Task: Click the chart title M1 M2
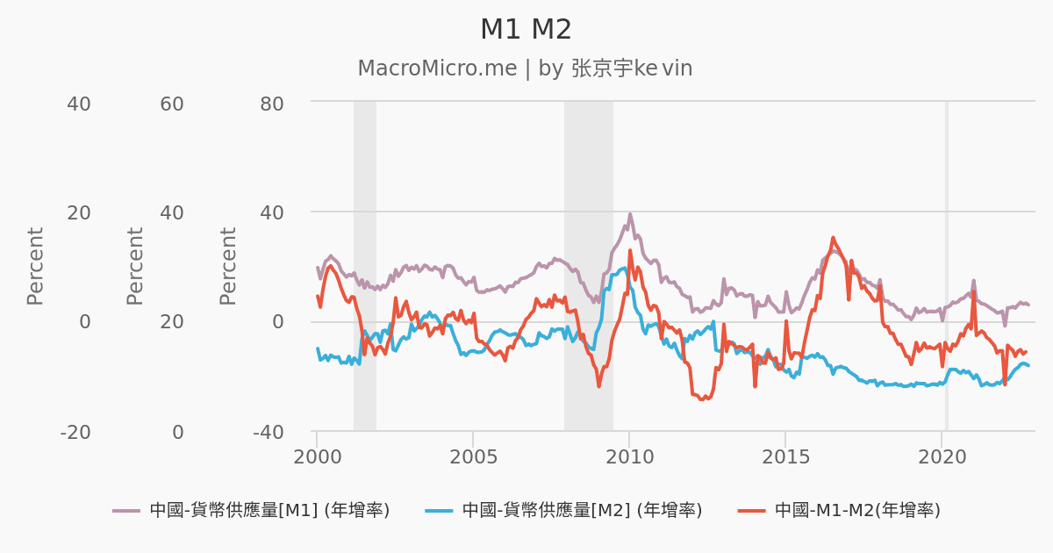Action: coord(526,30)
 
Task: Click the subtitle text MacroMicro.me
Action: coord(437,68)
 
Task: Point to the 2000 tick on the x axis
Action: coord(317,458)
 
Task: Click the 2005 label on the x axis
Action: coord(473,458)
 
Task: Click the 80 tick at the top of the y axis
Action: coord(273,104)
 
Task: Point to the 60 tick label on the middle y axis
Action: coord(172,104)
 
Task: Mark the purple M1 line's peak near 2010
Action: coord(630,213)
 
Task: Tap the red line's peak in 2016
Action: coord(833,237)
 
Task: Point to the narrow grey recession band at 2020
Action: coord(946,263)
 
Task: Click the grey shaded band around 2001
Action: coord(365,263)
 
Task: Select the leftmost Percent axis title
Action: coord(35,266)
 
